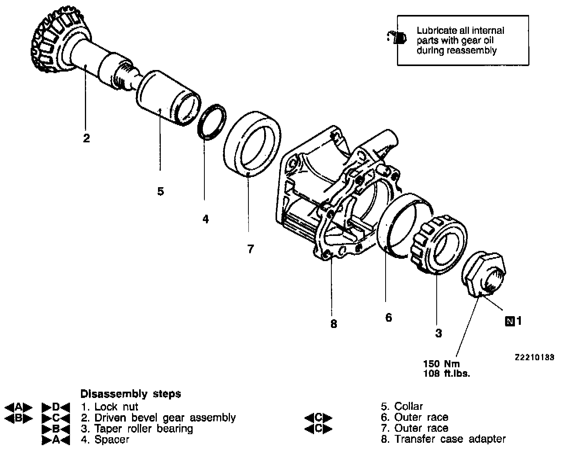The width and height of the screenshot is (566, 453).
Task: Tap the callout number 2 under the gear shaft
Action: [86, 138]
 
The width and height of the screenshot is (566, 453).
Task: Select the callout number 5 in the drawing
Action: [160, 192]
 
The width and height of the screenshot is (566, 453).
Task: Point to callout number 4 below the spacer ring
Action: [205, 219]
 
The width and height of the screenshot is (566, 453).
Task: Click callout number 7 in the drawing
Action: [250, 249]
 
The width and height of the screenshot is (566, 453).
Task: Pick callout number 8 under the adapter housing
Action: [333, 324]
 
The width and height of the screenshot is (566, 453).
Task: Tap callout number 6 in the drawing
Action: [388, 317]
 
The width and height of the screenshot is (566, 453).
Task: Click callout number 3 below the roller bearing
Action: [438, 333]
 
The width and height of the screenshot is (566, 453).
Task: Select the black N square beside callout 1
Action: [510, 321]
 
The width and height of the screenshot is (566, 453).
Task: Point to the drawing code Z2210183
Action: [535, 357]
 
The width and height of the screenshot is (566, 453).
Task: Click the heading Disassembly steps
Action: [130, 394]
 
